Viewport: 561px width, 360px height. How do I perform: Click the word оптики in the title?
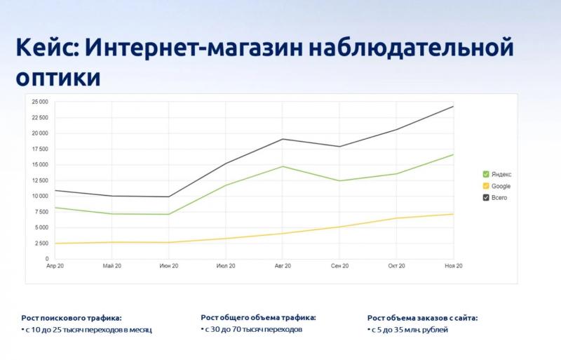pyautogui.click(x=58, y=77)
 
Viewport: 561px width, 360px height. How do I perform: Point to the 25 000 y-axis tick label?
pyautogui.click(x=40, y=102)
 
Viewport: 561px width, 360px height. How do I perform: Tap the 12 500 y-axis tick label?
pyautogui.click(x=40, y=180)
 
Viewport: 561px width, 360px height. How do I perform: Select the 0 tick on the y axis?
pyautogui.click(x=46, y=259)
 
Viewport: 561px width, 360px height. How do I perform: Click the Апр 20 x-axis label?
pyautogui.click(x=55, y=266)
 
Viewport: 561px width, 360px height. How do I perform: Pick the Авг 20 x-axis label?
pyautogui.click(x=283, y=266)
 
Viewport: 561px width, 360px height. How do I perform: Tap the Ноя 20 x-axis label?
pyautogui.click(x=454, y=266)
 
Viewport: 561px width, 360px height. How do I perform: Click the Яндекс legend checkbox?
pyautogui.click(x=486, y=174)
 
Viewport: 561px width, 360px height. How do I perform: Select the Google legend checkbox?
pyautogui.click(x=486, y=186)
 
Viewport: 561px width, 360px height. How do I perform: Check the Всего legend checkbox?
pyautogui.click(x=486, y=197)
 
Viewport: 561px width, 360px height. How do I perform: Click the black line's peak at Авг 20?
pyautogui.click(x=283, y=139)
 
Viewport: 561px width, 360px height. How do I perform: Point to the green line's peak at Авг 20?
pyautogui.click(x=283, y=166)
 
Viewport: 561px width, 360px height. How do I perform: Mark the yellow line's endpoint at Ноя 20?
pyautogui.click(x=453, y=214)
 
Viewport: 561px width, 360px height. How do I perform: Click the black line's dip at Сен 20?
pyautogui.click(x=339, y=147)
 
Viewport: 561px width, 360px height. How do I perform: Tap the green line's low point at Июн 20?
pyautogui.click(x=169, y=214)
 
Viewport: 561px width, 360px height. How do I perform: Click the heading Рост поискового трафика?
pyautogui.click(x=72, y=318)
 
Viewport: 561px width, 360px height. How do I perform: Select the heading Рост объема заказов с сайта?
pyautogui.click(x=423, y=318)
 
